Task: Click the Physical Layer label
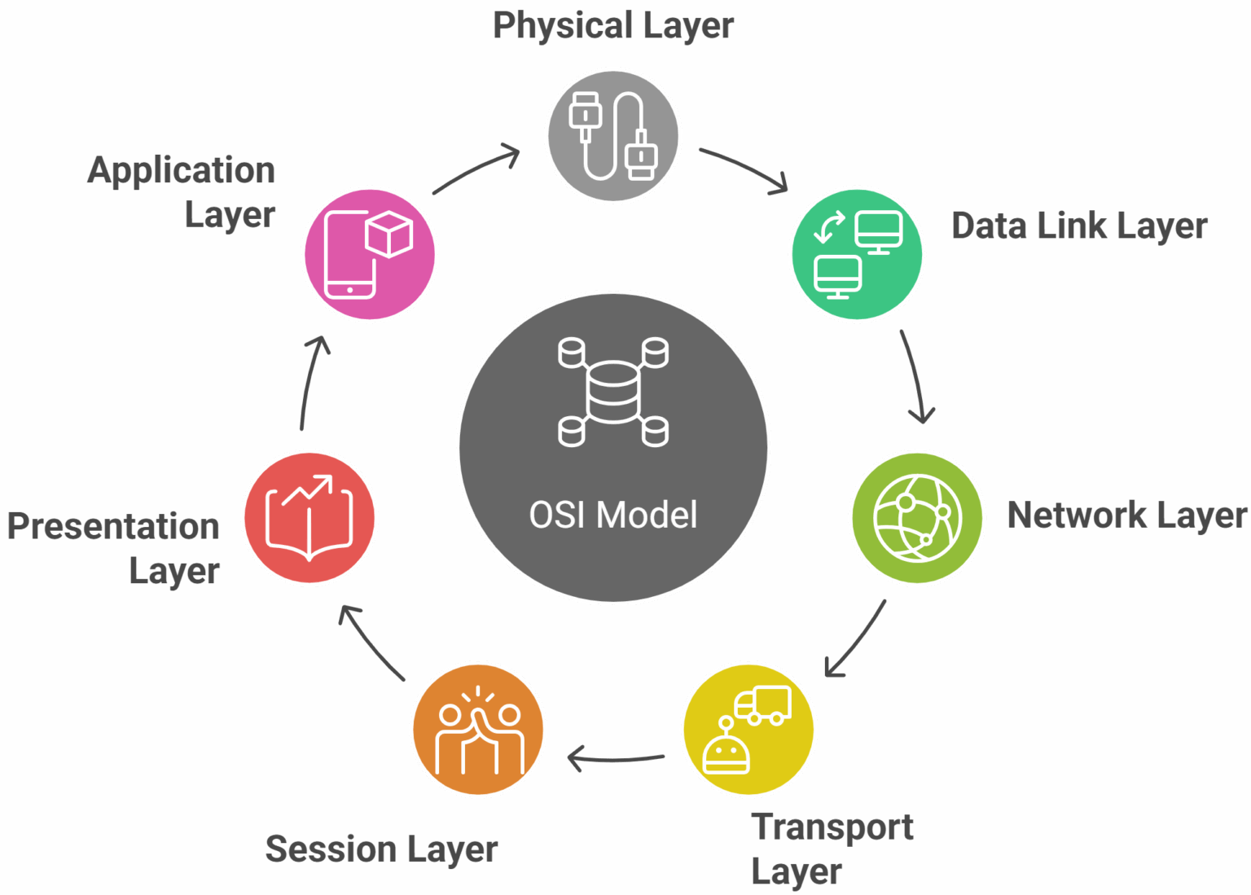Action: [612, 26]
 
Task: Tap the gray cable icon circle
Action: [612, 136]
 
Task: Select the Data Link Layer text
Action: [1079, 226]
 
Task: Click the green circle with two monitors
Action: [857, 254]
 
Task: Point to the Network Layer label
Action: [1126, 516]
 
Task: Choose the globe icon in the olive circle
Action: [917, 518]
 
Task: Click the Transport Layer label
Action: [832, 849]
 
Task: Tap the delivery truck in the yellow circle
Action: [762, 706]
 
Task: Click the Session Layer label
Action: [381, 849]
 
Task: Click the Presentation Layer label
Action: [113, 548]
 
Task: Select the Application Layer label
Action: [181, 192]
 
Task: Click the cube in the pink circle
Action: [389, 234]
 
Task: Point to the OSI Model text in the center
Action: [612, 515]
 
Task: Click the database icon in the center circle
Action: [612, 392]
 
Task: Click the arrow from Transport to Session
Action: [615, 759]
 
